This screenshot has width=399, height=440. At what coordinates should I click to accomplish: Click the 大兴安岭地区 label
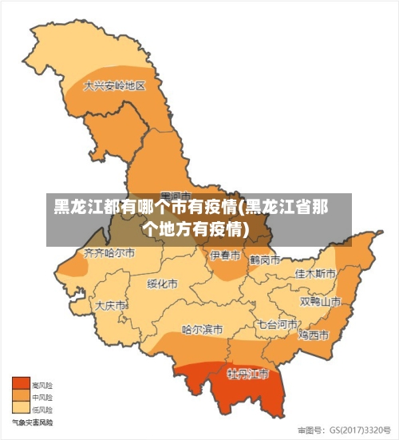[115, 85]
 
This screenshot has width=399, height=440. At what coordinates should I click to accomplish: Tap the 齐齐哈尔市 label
[109, 253]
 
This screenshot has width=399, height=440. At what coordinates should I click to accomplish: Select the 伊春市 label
[224, 256]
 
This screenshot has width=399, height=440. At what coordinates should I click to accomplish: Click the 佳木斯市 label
[315, 273]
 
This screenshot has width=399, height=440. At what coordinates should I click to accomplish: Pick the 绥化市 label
[162, 283]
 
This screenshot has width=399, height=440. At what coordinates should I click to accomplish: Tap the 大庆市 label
[110, 305]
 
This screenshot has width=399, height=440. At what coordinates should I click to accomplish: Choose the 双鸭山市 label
[320, 302]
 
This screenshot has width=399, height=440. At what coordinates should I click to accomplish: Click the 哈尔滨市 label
[202, 328]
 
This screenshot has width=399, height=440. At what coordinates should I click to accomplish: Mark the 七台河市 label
[277, 325]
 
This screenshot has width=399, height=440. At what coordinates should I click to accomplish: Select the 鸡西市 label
[314, 334]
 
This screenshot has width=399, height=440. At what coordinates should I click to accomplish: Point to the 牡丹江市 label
[247, 374]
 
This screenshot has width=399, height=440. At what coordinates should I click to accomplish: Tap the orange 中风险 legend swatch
[20, 396]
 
